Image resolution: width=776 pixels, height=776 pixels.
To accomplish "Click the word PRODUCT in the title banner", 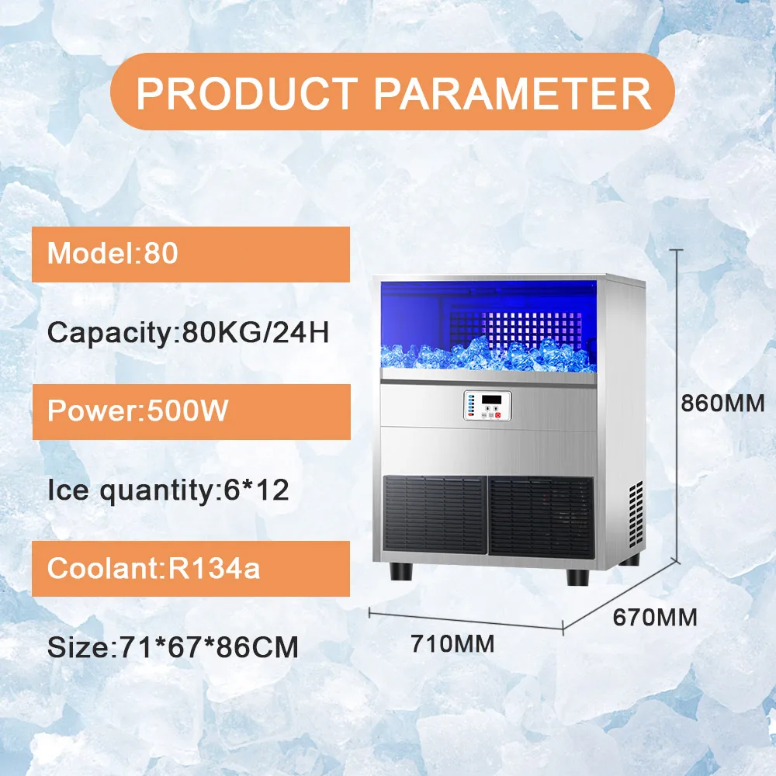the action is coord(247,93).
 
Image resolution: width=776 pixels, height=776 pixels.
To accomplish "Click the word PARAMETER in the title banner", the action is coord(512,93).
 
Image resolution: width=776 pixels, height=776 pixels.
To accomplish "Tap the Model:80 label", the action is coord(113,253).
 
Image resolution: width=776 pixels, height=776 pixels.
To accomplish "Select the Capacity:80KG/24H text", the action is coord(188,333).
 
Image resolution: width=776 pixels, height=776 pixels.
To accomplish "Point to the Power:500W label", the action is coord(137,411).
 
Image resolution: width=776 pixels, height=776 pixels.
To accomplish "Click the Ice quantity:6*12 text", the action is coord(168,490).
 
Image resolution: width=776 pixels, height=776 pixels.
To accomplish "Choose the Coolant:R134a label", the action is coord(154,568).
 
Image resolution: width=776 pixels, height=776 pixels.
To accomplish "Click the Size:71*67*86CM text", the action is coord(173,647).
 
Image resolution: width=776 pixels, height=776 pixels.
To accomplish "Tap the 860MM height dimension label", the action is coord(722,404).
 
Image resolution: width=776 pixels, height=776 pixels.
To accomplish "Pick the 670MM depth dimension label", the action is coord(655,617).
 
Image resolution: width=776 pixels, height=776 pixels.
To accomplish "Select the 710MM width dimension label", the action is coord(452,644).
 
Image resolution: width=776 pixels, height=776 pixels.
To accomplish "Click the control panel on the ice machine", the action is coord(487,406).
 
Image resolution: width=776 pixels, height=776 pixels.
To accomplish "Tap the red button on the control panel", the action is coord(498,415).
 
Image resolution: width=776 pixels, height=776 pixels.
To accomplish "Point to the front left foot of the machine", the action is coord(401,571).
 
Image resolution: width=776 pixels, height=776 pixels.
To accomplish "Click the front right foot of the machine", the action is coord(577,577).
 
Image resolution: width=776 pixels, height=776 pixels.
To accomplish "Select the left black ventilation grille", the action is coord(435,515).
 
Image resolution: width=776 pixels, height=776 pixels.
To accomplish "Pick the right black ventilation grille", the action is coord(541,518).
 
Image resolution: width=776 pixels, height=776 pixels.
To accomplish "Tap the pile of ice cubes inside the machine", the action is coord(487,353).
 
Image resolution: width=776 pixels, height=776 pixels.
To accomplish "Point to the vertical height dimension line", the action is coord(677,405).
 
